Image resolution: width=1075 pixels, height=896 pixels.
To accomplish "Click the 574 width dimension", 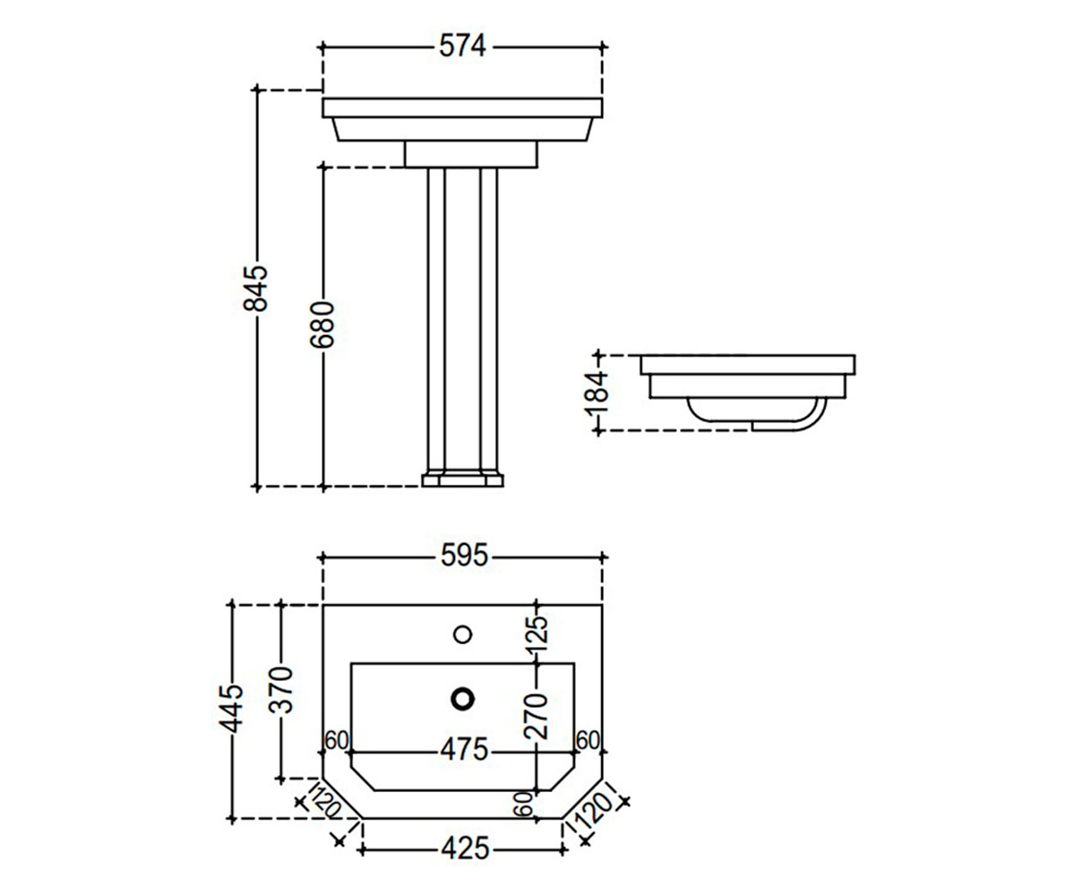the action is (462, 47).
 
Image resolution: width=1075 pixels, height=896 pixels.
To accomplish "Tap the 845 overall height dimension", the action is (256, 288).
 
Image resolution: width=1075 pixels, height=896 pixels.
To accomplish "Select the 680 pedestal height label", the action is (322, 325).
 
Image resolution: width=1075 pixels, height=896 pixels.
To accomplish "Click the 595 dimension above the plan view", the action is (464, 556).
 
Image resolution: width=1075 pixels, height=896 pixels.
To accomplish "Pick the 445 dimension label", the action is (231, 708).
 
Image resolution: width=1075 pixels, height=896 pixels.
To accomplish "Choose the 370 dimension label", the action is (281, 690).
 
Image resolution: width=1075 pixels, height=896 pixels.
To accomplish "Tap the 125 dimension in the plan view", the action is (537, 633).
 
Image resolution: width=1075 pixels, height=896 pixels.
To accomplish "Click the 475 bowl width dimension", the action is (464, 750).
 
